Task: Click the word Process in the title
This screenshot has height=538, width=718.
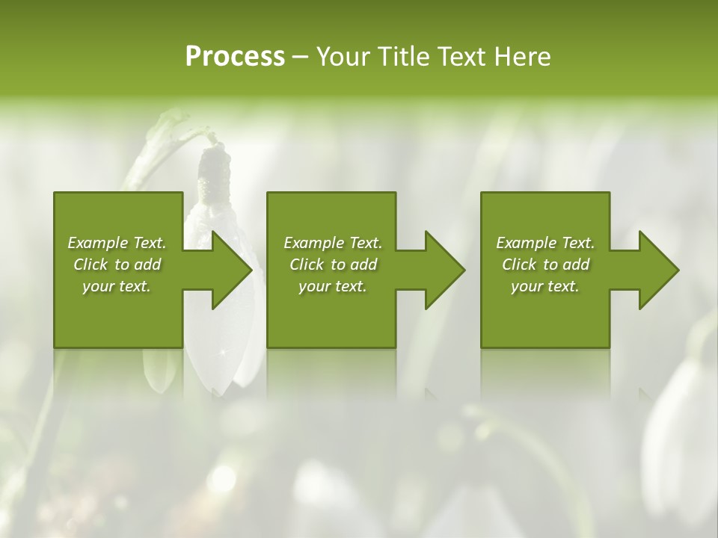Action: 235,57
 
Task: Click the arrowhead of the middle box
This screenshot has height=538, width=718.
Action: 444,270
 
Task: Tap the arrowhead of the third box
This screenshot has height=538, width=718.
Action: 658,270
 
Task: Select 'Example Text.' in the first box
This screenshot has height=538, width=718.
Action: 117,243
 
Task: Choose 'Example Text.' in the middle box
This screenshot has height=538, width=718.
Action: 333,243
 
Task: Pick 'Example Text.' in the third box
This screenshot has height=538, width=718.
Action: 545,243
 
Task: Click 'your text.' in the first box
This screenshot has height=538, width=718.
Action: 117,286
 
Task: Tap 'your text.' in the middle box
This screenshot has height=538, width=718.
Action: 333,286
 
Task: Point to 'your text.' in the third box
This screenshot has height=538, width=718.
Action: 545,286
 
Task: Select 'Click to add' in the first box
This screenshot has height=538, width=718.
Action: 117,265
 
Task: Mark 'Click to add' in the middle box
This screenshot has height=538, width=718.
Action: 333,265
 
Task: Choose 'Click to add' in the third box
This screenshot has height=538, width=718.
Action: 545,265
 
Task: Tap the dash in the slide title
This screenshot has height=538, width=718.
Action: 300,58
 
